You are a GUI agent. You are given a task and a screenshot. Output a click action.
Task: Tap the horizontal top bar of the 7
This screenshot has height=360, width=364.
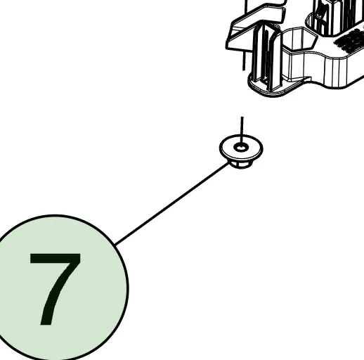pos(56,258)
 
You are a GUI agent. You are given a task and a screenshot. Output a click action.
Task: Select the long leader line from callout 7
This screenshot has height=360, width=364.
pos(172,203)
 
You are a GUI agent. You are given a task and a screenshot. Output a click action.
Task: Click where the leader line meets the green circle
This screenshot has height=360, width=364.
pos(115,245)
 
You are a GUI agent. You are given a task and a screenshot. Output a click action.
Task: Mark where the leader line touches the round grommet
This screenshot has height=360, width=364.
pos(229,162)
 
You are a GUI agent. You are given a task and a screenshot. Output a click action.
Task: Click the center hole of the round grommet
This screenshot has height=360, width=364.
pos(241,148)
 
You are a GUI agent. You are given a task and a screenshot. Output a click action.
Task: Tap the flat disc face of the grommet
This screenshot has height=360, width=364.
pos(241,147)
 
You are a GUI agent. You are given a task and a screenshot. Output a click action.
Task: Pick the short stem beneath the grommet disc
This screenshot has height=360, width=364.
pos(241,164)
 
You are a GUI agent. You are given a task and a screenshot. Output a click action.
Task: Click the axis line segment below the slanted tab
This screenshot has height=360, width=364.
pos(244,60)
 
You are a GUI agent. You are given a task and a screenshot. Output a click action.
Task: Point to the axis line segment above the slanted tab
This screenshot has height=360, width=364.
pos(246,6)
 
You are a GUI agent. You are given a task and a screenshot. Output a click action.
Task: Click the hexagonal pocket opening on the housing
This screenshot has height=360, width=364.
pos(299,38)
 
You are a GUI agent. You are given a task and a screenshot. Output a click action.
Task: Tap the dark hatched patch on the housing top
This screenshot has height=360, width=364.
pos(349,40)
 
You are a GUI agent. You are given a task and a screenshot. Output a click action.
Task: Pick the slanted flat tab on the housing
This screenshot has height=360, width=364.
pos(254,28)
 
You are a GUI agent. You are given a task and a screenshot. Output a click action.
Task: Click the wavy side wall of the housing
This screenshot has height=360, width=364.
pos(323,68)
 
